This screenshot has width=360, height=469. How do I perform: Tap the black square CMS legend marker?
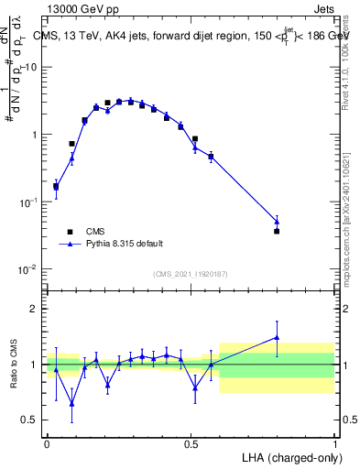[68, 232]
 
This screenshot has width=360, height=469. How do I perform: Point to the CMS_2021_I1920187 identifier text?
[190, 273]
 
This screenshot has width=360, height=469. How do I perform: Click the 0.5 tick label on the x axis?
[191, 442]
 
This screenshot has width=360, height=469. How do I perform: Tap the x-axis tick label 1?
[334, 442]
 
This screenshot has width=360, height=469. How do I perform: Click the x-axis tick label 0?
[47, 442]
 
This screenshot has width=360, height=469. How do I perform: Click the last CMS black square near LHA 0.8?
[277, 231]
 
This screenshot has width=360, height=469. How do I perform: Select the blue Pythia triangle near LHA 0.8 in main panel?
[277, 221]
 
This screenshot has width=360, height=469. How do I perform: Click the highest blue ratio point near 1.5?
[277, 337]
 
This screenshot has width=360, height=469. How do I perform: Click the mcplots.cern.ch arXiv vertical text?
[351, 229]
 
